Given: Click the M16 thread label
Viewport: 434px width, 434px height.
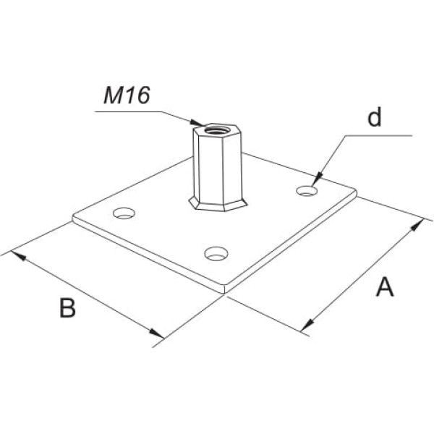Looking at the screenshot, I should (x=126, y=97).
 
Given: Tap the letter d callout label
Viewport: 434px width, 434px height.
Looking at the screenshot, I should (x=374, y=119).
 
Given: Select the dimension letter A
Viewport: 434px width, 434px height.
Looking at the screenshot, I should (x=385, y=287).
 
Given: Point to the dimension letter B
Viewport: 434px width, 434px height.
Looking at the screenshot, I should (x=67, y=308).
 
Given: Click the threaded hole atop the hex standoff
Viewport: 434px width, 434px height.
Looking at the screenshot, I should (x=213, y=130).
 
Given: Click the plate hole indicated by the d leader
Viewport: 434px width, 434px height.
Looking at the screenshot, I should (x=307, y=190).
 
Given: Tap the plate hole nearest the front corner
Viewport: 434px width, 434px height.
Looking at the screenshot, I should (x=216, y=253).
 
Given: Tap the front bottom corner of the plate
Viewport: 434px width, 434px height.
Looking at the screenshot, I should (x=225, y=291).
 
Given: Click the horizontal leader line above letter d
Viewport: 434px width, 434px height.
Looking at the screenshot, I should (x=376, y=135).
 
